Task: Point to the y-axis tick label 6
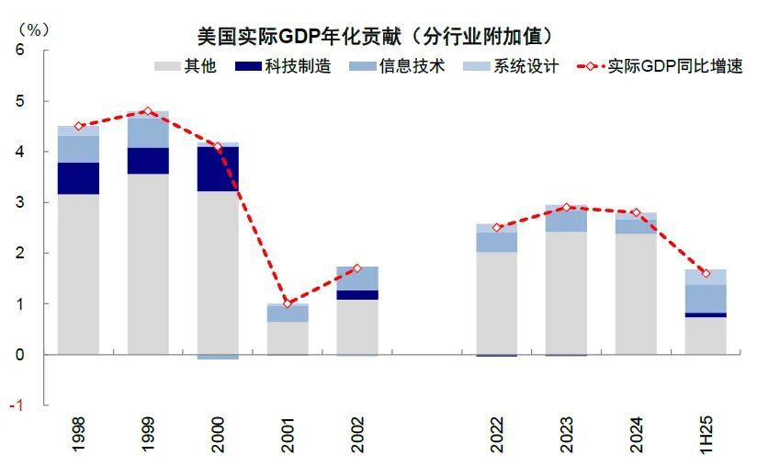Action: (19, 50)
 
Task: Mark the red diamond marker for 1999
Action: (148, 111)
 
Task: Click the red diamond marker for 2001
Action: (288, 303)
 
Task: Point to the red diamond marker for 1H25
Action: (706, 273)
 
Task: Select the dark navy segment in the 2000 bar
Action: (218, 169)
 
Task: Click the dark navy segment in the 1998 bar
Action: (78, 178)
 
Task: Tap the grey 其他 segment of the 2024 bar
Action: (636, 294)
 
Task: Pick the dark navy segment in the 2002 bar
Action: (357, 295)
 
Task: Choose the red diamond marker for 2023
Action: (567, 207)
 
